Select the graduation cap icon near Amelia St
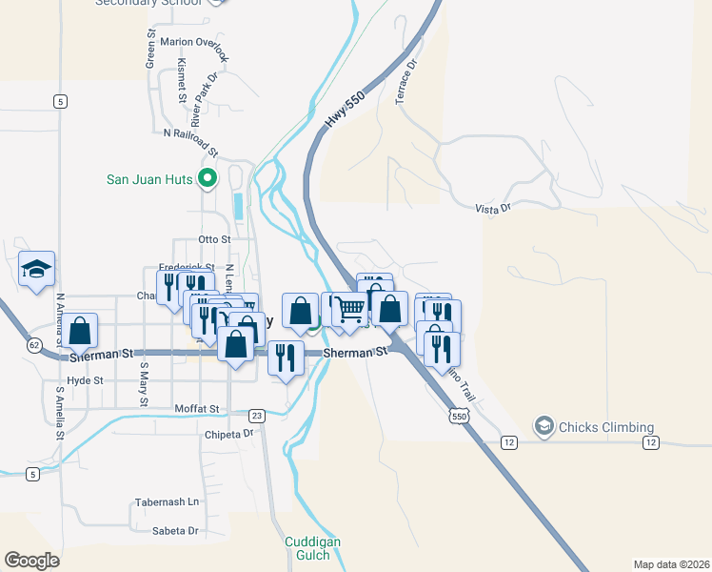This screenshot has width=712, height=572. tap(36, 270)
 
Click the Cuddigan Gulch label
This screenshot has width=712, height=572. tap(313, 548)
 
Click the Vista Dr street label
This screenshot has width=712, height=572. tap(493, 206)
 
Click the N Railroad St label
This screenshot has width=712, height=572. tap(191, 142)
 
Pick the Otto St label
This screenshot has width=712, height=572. tap(214, 238)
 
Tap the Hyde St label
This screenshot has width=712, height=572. tap(85, 379)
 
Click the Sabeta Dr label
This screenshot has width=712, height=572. tap(174, 530)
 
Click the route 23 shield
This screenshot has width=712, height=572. tap(256, 416)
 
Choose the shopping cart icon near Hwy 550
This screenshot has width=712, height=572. tap(350, 308)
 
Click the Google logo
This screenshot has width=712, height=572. tap(31, 560)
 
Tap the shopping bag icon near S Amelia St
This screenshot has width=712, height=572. tap(82, 331)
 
